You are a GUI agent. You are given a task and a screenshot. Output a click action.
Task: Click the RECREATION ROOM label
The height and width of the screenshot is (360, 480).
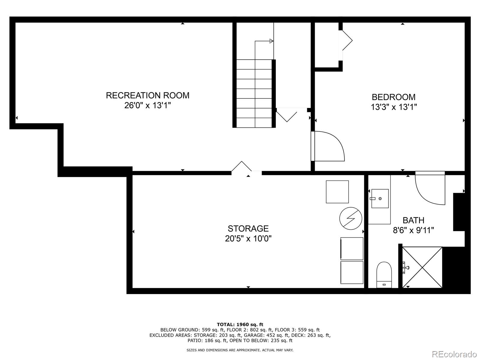click(148, 95)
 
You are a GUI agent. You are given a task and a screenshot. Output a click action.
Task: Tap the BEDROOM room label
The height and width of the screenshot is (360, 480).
click(394, 97)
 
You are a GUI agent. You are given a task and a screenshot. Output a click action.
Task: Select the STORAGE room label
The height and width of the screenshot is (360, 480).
click(248, 229)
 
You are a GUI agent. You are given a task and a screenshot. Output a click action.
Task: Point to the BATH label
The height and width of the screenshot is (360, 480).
click(413, 220)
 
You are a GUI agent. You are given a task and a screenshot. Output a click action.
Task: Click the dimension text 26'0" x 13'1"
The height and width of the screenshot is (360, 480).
click(148, 106)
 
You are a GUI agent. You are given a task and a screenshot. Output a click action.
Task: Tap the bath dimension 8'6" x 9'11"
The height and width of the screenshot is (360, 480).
click(413, 230)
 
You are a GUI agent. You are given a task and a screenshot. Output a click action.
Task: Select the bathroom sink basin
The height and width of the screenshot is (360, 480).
click(380, 199)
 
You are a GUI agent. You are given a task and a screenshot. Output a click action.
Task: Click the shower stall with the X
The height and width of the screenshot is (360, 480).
click(422, 267)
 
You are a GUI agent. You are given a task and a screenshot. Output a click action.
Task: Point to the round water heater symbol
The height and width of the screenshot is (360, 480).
click(351, 218)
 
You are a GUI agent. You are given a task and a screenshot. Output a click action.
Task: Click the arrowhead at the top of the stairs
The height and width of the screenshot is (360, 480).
click(271, 41)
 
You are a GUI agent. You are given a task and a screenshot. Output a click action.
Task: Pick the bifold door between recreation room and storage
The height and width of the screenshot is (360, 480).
click(241, 166)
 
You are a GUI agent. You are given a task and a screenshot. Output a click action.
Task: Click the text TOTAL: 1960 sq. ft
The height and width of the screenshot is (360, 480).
click(240, 324)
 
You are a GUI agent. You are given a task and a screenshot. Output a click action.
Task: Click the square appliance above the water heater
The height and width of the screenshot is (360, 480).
click(337, 192)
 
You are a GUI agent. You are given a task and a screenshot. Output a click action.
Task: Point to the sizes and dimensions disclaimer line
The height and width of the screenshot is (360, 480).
click(240, 350)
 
